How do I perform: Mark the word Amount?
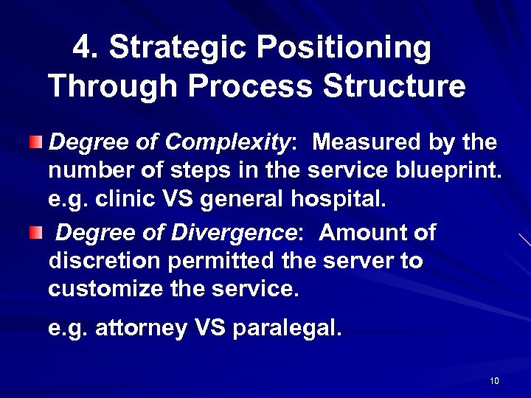(x=359, y=234)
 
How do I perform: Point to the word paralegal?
(x=287, y=328)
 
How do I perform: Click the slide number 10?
(x=494, y=380)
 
